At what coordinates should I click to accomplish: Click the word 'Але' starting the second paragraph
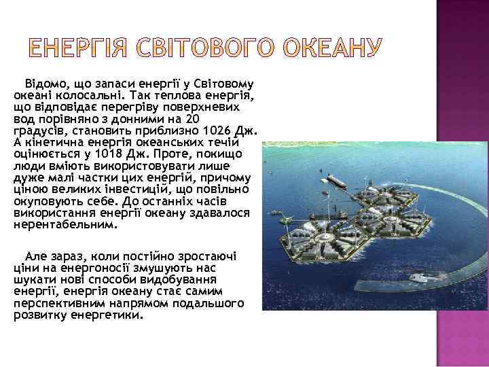[x=36, y=256]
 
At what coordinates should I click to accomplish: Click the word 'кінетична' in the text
[x=52, y=142]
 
